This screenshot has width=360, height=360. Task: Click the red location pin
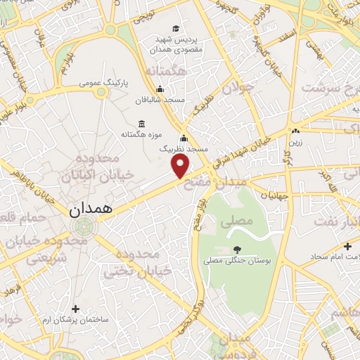(x=181, y=166)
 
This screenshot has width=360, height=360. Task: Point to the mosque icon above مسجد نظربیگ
(x=184, y=138)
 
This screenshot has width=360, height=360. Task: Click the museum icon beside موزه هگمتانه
(x=142, y=124)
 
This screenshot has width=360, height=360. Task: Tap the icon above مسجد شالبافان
(x=160, y=89)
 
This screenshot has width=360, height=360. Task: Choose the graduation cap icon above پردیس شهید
(x=175, y=28)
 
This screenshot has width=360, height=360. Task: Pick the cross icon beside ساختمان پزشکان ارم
(x=76, y=308)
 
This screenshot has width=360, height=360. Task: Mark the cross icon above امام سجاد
(x=347, y=246)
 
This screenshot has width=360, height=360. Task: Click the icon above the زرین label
(x=295, y=131)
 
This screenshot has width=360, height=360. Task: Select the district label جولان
(x=236, y=88)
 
